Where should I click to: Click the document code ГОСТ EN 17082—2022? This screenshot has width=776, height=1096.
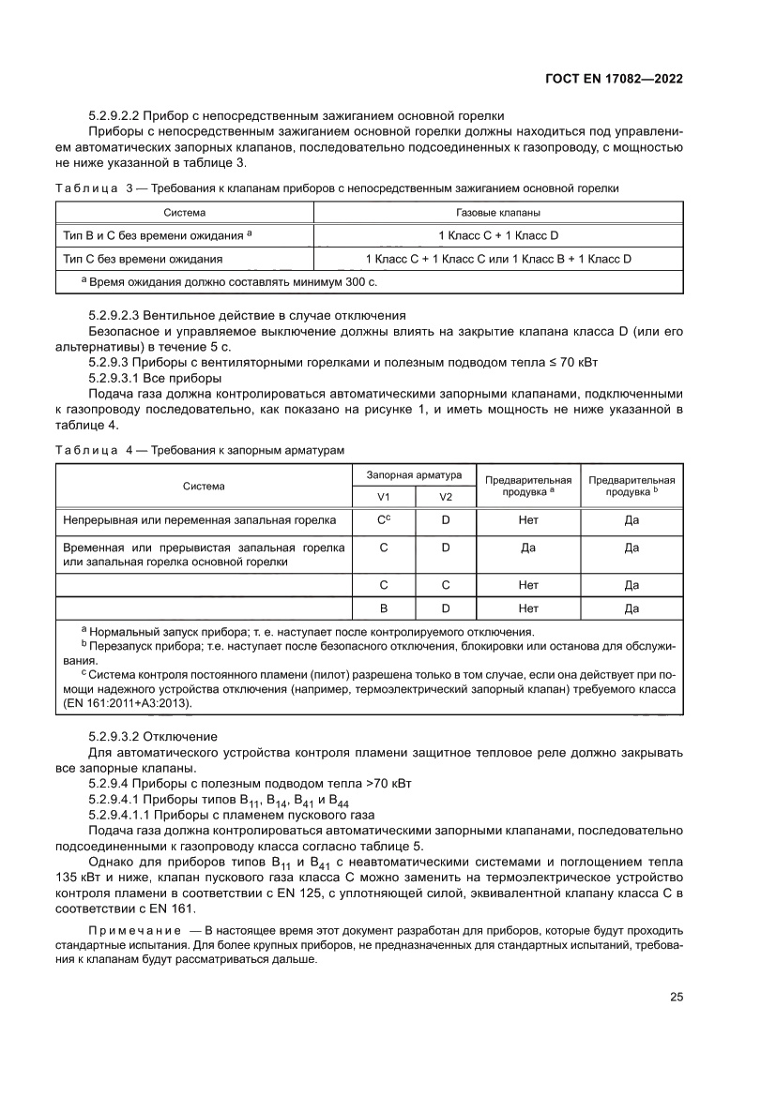point(613,79)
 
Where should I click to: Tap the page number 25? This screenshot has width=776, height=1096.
point(676,997)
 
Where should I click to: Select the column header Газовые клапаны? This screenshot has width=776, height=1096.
point(497,213)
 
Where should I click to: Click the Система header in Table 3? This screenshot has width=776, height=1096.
point(184,213)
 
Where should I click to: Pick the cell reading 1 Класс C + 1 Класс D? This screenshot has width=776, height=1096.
point(497,235)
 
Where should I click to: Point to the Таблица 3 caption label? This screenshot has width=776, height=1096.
point(87,188)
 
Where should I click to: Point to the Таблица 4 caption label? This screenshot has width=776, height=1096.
point(87,451)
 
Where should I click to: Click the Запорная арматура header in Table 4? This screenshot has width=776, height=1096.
point(414,475)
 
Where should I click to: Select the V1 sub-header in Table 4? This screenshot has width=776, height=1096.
point(383,496)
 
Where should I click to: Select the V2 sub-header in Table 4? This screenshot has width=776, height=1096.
point(446,496)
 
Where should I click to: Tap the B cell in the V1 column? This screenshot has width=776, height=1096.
point(383,608)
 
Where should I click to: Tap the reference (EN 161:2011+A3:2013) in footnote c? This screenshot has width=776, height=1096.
point(130,701)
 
